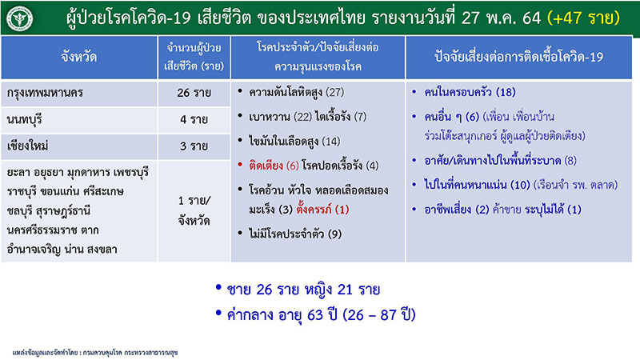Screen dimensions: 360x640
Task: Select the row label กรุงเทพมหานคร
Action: pyautogui.click(x=53, y=93)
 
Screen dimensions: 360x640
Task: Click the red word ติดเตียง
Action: pyautogui.click(x=266, y=166)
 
